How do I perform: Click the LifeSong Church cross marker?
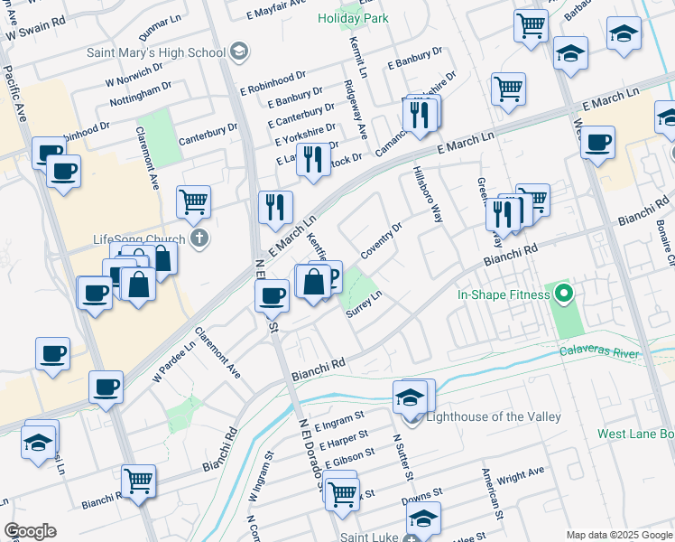[200, 239]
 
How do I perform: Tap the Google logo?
[30, 531]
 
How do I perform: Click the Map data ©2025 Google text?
[618, 535]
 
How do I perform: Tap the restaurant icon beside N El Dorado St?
[275, 207]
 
